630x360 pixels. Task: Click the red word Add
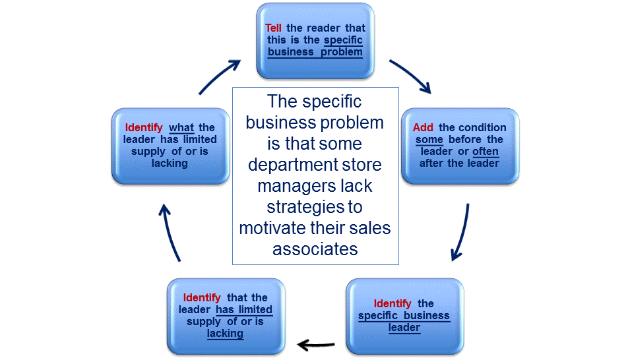(423, 127)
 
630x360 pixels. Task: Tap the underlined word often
(486, 151)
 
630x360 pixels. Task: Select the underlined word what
(181, 127)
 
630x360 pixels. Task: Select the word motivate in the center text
(274, 228)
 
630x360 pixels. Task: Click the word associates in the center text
(315, 249)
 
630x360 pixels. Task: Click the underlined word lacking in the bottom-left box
(225, 333)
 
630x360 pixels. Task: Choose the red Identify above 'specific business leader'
(393, 303)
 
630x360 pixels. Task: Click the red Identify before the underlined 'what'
(144, 127)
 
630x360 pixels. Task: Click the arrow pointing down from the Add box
(460, 233)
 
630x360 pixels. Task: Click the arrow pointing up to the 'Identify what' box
(169, 231)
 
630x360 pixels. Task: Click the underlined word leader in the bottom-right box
(404, 327)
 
